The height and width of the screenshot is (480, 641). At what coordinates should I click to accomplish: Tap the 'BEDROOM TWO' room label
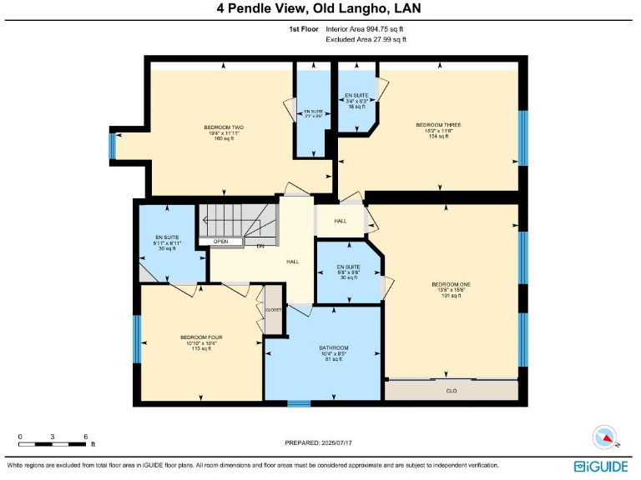coord(223,127)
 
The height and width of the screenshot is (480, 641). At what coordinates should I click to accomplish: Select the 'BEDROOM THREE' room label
coord(438,125)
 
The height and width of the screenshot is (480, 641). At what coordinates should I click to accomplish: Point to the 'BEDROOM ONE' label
coord(451,284)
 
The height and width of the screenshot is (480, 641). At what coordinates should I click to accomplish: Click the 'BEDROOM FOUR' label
coord(200,337)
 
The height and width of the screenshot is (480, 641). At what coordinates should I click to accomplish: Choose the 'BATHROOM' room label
coord(333,347)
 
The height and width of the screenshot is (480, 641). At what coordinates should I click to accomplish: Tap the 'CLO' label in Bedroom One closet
coord(451,390)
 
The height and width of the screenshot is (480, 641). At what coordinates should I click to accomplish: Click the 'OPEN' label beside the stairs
coord(220,242)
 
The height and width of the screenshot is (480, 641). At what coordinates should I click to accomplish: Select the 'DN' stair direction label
coord(260,246)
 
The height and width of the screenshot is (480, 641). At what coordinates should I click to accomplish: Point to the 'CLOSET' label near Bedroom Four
coord(273,309)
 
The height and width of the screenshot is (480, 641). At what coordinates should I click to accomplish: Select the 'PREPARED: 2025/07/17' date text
coord(320,442)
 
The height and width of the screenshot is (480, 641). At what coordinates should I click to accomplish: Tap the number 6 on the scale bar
coord(85,437)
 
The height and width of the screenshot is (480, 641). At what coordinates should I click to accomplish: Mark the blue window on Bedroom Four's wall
coord(137,338)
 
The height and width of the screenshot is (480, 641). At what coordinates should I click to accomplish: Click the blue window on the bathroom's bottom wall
coord(299,404)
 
